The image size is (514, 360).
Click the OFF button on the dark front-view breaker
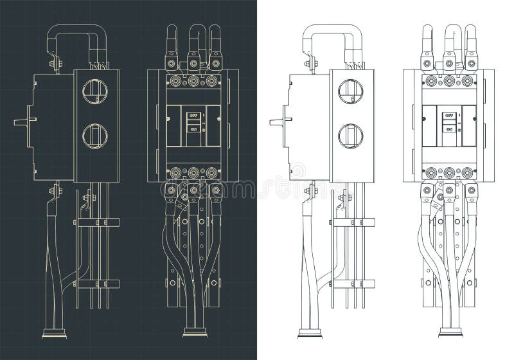click(x=192, y=116)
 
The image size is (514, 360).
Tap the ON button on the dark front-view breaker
click(x=192, y=129)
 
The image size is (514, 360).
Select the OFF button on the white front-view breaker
click(x=448, y=116)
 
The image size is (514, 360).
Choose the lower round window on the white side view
click(x=351, y=135)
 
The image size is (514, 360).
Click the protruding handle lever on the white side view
click(x=277, y=120)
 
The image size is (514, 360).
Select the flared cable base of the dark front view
click(x=193, y=332)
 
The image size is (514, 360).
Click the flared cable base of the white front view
click(x=449, y=332)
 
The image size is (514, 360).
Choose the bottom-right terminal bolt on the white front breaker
click(x=466, y=172)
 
